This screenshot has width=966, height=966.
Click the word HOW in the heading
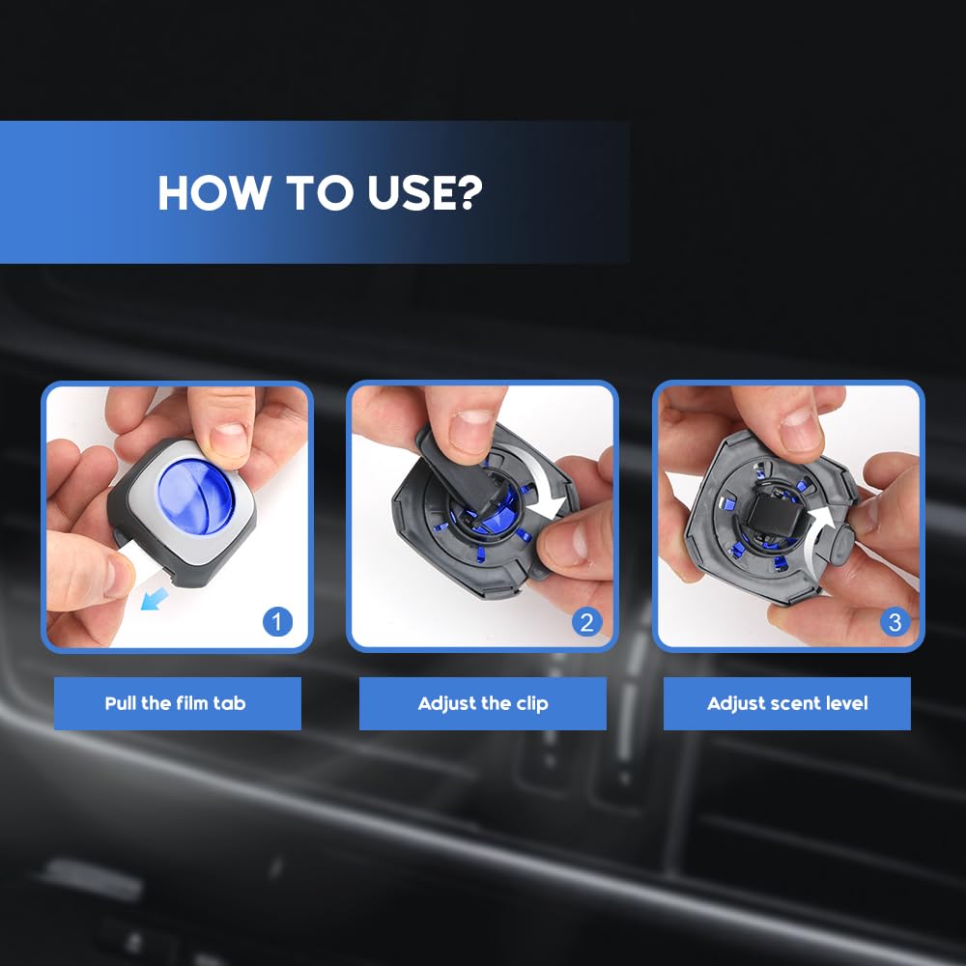tap(213, 192)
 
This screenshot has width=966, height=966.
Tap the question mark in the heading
tap(470, 192)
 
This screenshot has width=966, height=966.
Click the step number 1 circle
tap(277, 621)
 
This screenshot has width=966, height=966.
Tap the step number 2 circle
tap(586, 621)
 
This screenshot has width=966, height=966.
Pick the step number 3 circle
tap(895, 621)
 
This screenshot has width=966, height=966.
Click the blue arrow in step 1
tap(154, 599)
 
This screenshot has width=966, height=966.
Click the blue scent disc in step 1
tap(196, 497)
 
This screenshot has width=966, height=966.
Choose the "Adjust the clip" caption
tap(483, 703)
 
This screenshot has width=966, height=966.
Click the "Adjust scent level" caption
tap(787, 703)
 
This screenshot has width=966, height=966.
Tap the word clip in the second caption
tap(531, 704)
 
